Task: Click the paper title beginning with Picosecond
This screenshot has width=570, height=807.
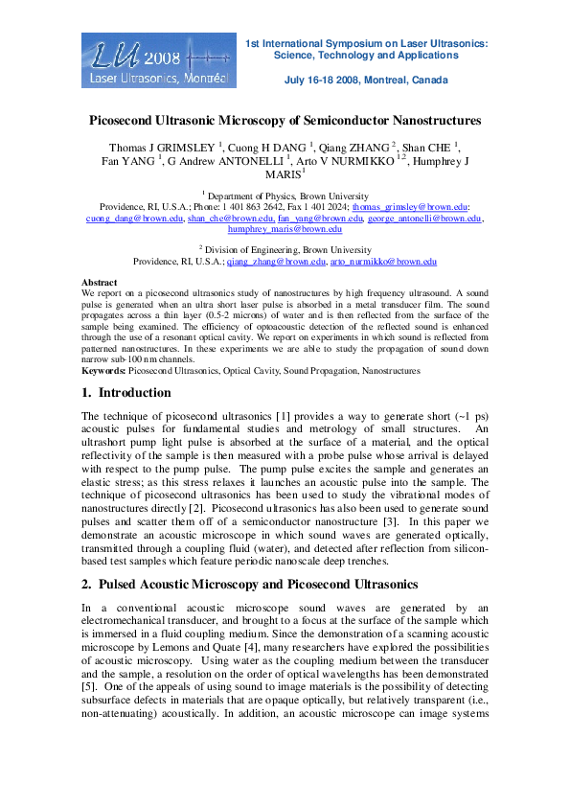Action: point(285,122)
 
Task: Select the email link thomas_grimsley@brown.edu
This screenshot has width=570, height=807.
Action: point(409,207)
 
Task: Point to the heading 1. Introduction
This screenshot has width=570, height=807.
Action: point(126,393)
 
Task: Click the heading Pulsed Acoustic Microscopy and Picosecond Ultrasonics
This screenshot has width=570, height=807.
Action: point(258,585)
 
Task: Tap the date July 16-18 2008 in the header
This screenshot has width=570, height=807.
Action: point(366,81)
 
